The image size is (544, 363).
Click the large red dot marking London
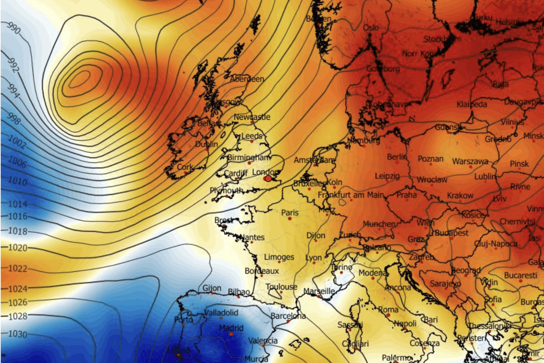[268, 179]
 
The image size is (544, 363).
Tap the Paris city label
[290, 212]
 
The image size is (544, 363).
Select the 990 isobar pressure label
[14, 31]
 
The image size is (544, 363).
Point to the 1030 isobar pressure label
[19, 334]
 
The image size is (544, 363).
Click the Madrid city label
[231, 328]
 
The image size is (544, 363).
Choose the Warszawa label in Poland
[470, 161]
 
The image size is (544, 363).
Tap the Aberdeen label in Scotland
[247, 79]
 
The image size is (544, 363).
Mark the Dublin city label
[207, 144]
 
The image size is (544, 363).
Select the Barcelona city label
[288, 316]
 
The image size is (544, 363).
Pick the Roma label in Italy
[388, 310]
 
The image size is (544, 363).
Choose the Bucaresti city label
[521, 275]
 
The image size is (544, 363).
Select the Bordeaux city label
[261, 271]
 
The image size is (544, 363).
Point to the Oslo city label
[371, 28]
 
